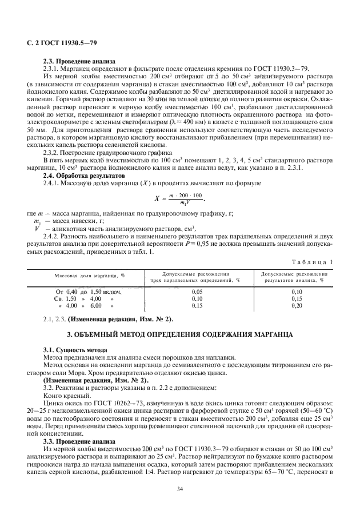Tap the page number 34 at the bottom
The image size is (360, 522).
[x=180, y=488]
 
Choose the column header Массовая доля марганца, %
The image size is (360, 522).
[x=90, y=277]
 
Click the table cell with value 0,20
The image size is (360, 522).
[x=297, y=306]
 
